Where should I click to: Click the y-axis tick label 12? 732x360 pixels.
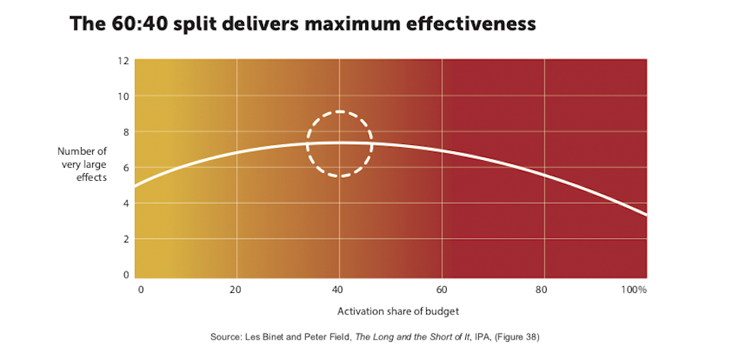pos(124,60)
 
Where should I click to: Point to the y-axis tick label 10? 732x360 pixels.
pos(124,96)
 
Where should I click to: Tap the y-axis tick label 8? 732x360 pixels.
pos(125,132)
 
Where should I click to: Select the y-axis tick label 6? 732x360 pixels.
pos(125,168)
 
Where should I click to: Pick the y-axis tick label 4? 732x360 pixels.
pos(125,204)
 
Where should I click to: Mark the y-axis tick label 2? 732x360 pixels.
pos(125,239)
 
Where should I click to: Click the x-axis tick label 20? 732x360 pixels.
pos(236,290)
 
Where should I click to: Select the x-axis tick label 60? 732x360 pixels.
pos(441,290)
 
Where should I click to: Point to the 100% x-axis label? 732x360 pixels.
pos(634,290)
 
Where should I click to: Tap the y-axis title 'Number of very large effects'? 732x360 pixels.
pos(82,164)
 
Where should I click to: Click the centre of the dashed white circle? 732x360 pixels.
pos(339,144)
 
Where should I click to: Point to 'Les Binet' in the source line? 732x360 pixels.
pos(264,336)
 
